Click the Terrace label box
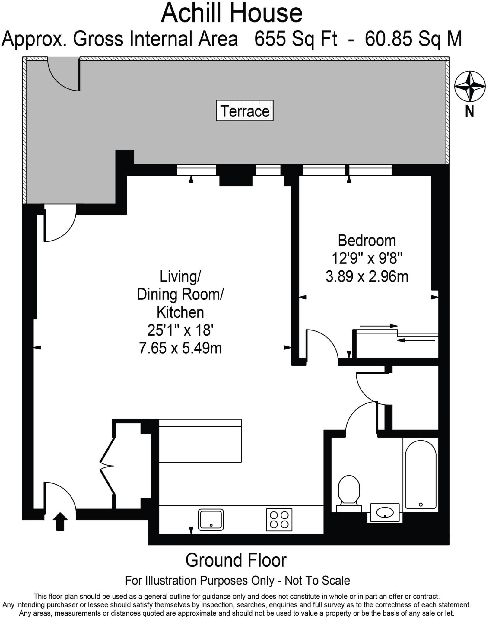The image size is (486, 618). tap(244, 111)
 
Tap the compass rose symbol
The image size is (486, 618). tap(470, 86)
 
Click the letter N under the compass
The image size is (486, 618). tap(469, 112)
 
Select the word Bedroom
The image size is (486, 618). tap(367, 241)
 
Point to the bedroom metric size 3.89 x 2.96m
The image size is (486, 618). tap(367, 276)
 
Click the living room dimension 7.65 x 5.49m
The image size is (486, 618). tap(180, 348)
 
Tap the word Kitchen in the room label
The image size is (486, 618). tap(180, 312)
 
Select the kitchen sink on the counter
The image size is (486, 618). tap(211, 520)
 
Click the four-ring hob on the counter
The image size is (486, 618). tap(279, 520)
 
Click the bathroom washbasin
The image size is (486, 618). tap(385, 512)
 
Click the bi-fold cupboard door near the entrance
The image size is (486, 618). tap(107, 466)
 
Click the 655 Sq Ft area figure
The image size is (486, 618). tap(296, 39)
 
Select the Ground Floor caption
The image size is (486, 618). tap(236, 561)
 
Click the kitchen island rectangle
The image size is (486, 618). tap(200, 441)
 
